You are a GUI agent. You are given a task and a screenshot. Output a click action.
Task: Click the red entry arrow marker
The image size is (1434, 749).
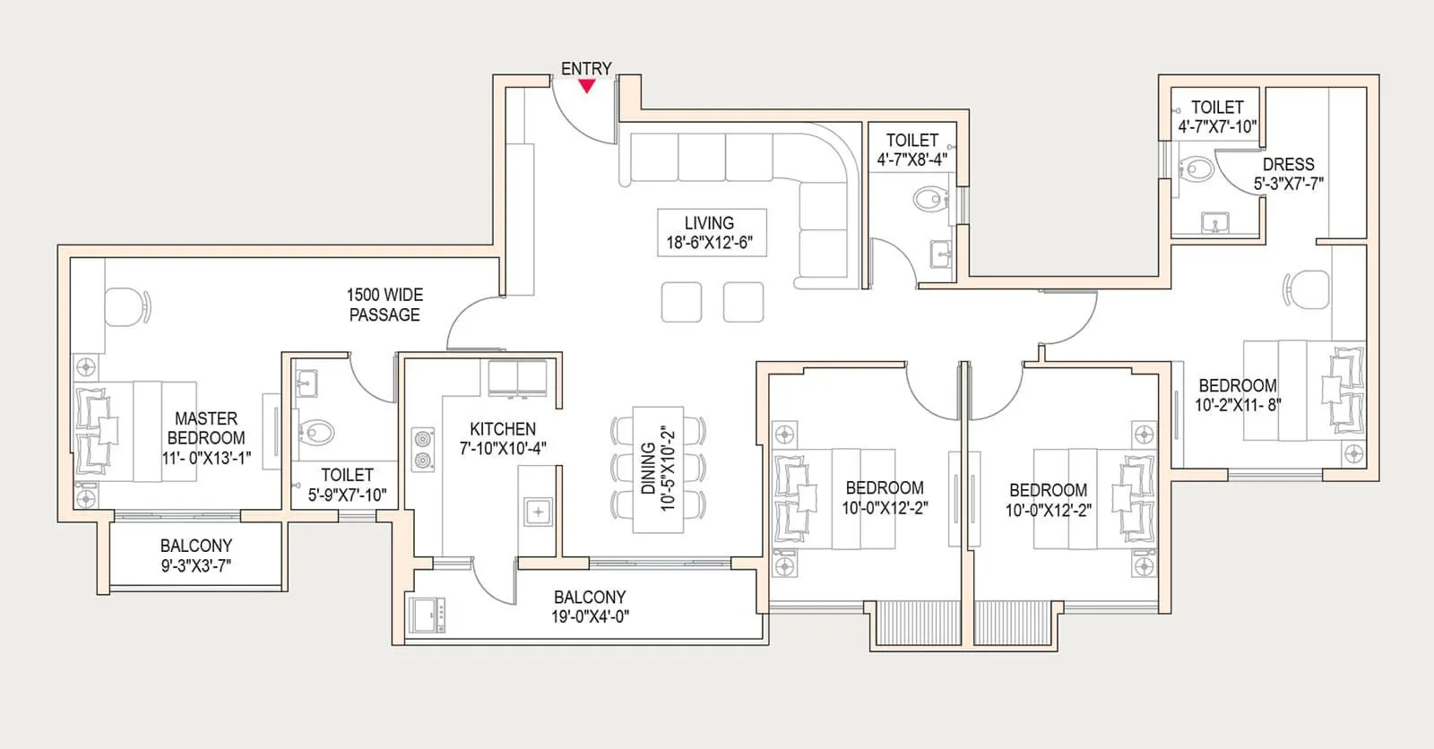586,86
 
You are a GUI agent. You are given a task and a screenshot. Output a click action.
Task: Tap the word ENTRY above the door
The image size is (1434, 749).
586,68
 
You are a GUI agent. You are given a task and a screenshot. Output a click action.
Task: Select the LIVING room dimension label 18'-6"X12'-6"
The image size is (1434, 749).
709,243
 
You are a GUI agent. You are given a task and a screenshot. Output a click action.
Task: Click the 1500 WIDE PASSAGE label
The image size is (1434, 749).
384,305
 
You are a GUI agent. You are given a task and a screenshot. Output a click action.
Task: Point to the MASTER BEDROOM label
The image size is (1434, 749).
206,428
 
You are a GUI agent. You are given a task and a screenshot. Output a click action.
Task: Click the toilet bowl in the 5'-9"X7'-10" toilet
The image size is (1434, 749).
315,434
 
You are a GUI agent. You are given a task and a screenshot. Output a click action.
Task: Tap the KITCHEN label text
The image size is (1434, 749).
503,429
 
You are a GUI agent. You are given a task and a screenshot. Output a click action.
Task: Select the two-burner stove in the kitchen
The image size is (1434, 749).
421,450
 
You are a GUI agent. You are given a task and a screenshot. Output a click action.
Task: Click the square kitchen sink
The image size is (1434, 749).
539,512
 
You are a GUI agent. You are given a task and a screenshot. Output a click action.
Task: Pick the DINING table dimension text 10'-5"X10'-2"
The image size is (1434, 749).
667,469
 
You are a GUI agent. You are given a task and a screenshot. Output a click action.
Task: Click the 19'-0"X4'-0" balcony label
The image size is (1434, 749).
590,616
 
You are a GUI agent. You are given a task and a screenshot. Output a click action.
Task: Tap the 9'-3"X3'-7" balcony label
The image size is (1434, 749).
196,565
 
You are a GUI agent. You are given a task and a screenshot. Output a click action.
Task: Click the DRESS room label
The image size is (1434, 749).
1288,165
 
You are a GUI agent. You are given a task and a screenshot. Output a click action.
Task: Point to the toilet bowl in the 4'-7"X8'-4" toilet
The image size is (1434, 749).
929,198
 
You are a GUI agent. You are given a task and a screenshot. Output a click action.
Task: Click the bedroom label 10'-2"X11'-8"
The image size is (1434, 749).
1238,405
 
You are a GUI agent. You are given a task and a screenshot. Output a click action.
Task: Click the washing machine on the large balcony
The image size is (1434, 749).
429,615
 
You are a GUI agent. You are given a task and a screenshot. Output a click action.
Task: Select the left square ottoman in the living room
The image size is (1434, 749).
681,302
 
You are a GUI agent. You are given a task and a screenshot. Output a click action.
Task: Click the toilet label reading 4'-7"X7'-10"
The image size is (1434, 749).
1216,126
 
